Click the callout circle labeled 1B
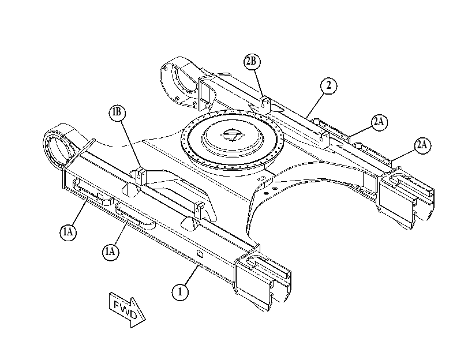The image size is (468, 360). coord(117,112)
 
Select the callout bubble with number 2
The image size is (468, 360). coord(328,85)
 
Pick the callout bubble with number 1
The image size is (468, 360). coord(180,292)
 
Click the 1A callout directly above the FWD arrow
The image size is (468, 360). coord(111,252)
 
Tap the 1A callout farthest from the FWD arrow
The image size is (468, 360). coord(68,232)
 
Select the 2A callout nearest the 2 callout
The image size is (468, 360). coord(379,122)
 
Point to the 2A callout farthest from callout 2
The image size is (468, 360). coord(422,145)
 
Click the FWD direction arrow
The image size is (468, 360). coord(128,310)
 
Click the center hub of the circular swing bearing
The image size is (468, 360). coord(232,135)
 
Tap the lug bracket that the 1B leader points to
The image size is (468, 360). coord(141,177)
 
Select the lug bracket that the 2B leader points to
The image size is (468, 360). coord(265,105)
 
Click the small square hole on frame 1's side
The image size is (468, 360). coord(200,254)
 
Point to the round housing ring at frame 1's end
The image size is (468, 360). coord(55,147)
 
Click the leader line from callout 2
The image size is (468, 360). coord(315,104)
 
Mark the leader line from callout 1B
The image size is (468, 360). coord(130,145)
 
